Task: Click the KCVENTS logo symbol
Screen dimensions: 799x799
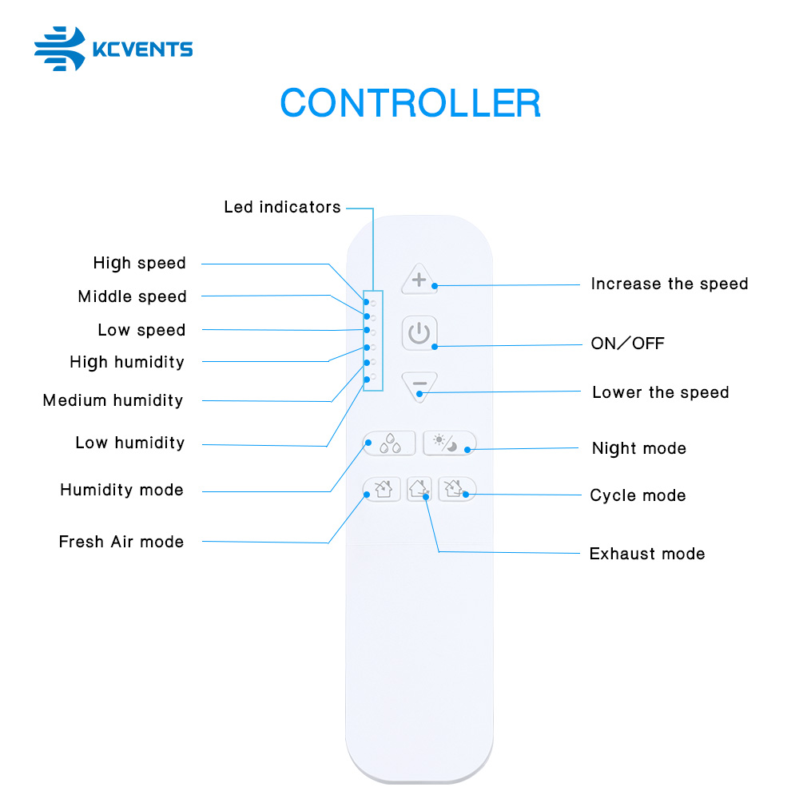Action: (x=60, y=49)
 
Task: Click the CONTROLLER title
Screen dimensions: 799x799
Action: (x=410, y=103)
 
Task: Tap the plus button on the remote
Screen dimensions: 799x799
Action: (x=419, y=279)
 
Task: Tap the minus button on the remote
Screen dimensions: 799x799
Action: (x=419, y=386)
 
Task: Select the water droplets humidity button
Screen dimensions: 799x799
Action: (x=389, y=443)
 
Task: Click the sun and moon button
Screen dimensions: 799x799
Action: (x=449, y=443)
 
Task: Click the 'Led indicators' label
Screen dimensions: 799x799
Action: (x=282, y=207)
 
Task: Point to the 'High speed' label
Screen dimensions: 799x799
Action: (x=139, y=264)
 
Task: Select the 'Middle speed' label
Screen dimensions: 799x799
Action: (x=132, y=296)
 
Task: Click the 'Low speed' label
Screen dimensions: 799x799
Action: (x=141, y=330)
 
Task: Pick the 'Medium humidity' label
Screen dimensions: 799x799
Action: (x=113, y=400)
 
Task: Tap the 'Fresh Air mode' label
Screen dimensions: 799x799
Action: (x=121, y=541)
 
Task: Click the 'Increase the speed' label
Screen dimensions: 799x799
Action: (x=669, y=284)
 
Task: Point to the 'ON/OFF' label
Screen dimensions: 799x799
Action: (x=627, y=344)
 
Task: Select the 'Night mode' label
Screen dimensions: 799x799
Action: (x=639, y=448)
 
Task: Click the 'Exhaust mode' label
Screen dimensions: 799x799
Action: (x=647, y=554)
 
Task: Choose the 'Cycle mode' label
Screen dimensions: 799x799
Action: (x=638, y=495)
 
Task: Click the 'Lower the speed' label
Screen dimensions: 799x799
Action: (x=661, y=392)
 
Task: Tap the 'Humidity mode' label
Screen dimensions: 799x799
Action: (x=121, y=490)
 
